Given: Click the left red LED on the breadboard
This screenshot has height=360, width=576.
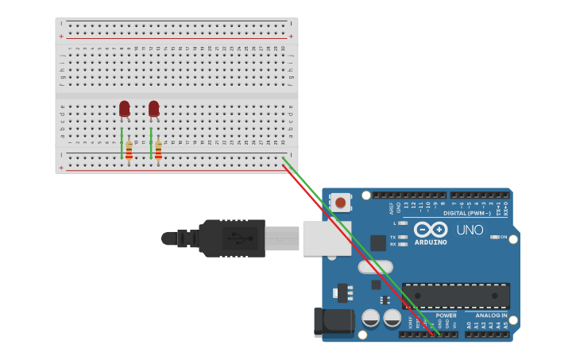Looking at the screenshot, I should (124, 108).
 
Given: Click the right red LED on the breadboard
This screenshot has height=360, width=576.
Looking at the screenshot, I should (153, 108).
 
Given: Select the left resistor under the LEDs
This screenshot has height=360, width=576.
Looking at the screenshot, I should (129, 149).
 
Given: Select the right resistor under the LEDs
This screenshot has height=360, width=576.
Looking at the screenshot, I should (158, 149).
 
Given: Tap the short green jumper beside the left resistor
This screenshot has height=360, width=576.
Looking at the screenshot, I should (122, 142).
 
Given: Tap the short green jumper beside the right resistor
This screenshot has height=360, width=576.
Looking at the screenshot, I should (151, 142).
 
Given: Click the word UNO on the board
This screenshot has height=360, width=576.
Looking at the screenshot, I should (470, 230).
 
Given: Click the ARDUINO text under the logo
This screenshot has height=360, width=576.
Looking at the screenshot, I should (431, 242).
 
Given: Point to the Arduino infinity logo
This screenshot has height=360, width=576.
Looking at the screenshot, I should (431, 229).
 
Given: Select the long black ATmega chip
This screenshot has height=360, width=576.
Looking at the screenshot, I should (455, 296).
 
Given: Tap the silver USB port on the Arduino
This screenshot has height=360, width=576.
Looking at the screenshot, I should (327, 238).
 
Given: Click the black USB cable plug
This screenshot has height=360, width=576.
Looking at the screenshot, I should (230, 238).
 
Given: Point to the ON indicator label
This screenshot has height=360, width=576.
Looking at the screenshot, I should (502, 237).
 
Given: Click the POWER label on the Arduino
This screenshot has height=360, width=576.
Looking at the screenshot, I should (446, 315).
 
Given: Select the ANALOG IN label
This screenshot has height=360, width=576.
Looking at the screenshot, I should (486, 315).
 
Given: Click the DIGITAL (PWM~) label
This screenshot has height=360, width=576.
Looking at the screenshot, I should (466, 212).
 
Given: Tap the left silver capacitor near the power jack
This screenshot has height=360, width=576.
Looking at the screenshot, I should (370, 318).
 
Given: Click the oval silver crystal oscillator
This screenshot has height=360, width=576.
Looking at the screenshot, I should (375, 267).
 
